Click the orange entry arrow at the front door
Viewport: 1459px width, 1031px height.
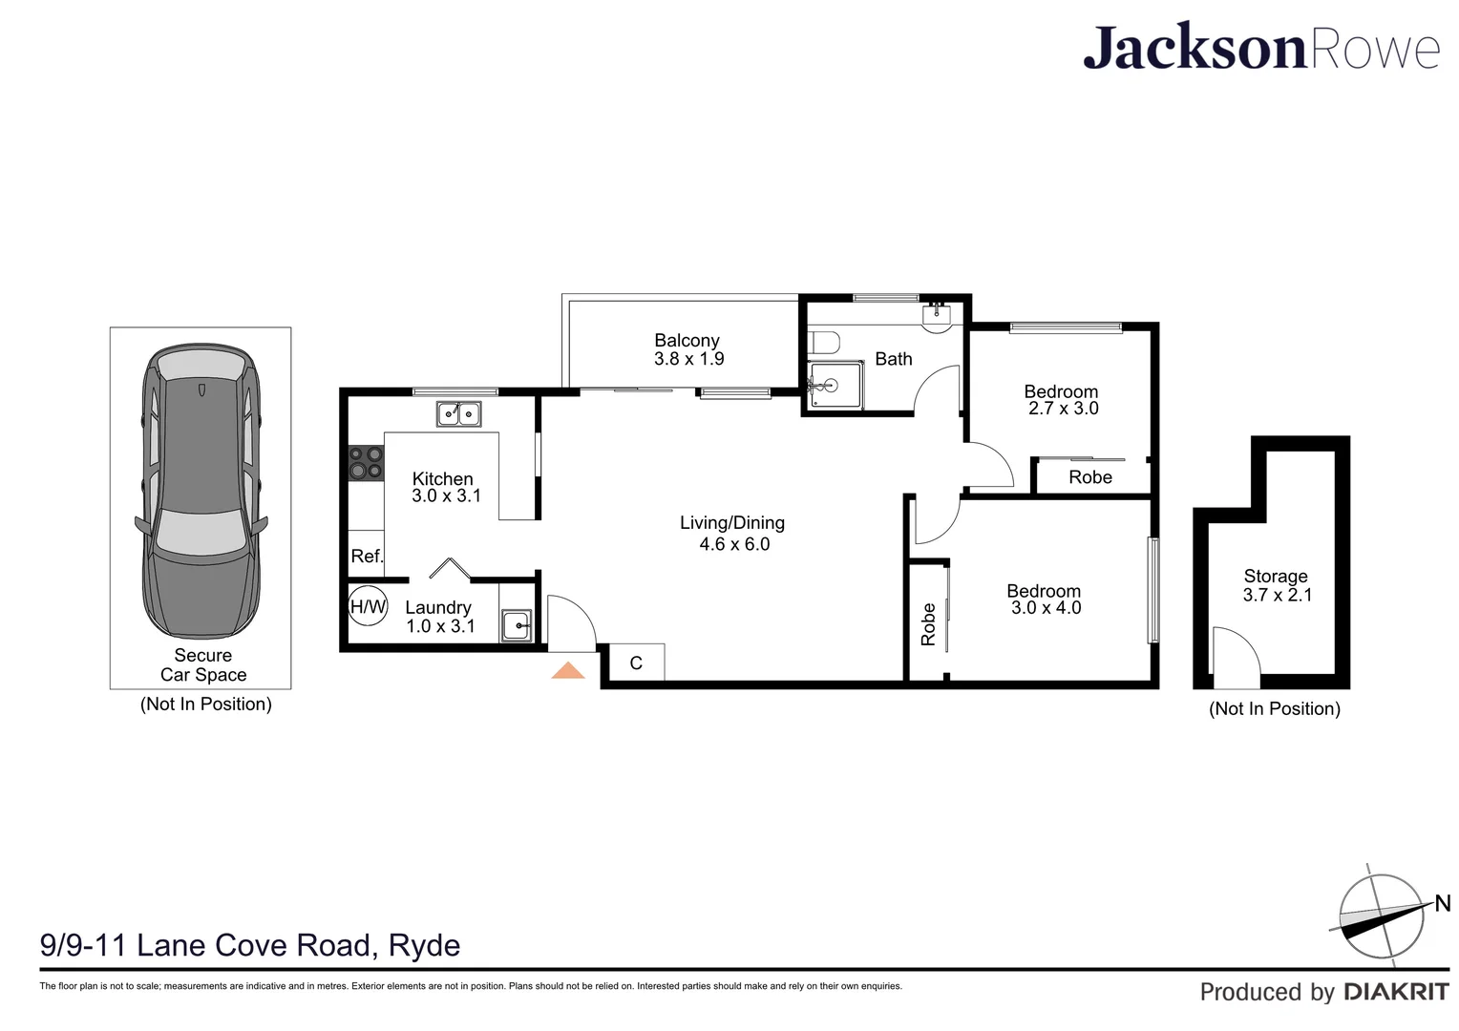click(568, 670)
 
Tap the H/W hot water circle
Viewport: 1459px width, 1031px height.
click(368, 607)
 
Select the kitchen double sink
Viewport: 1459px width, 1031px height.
click(458, 414)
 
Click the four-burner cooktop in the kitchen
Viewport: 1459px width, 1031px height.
click(366, 463)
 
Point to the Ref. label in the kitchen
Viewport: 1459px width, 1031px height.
click(367, 557)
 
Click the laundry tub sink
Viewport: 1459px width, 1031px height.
click(517, 626)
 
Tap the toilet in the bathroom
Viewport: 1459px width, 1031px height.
click(822, 342)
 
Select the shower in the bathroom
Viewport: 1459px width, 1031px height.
click(835, 386)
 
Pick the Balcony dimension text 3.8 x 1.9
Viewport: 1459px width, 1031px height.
click(688, 360)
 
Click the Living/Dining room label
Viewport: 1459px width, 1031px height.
click(732, 523)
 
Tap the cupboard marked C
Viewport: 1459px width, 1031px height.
click(636, 663)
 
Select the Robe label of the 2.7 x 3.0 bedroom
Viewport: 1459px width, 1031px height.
click(1090, 477)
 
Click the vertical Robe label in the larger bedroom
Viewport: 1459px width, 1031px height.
click(928, 624)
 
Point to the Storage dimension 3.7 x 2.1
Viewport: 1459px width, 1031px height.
click(1277, 596)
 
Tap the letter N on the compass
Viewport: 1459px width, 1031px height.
click(1442, 903)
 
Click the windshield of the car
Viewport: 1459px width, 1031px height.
click(201, 532)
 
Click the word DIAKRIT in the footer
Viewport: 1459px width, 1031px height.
click(1396, 993)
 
